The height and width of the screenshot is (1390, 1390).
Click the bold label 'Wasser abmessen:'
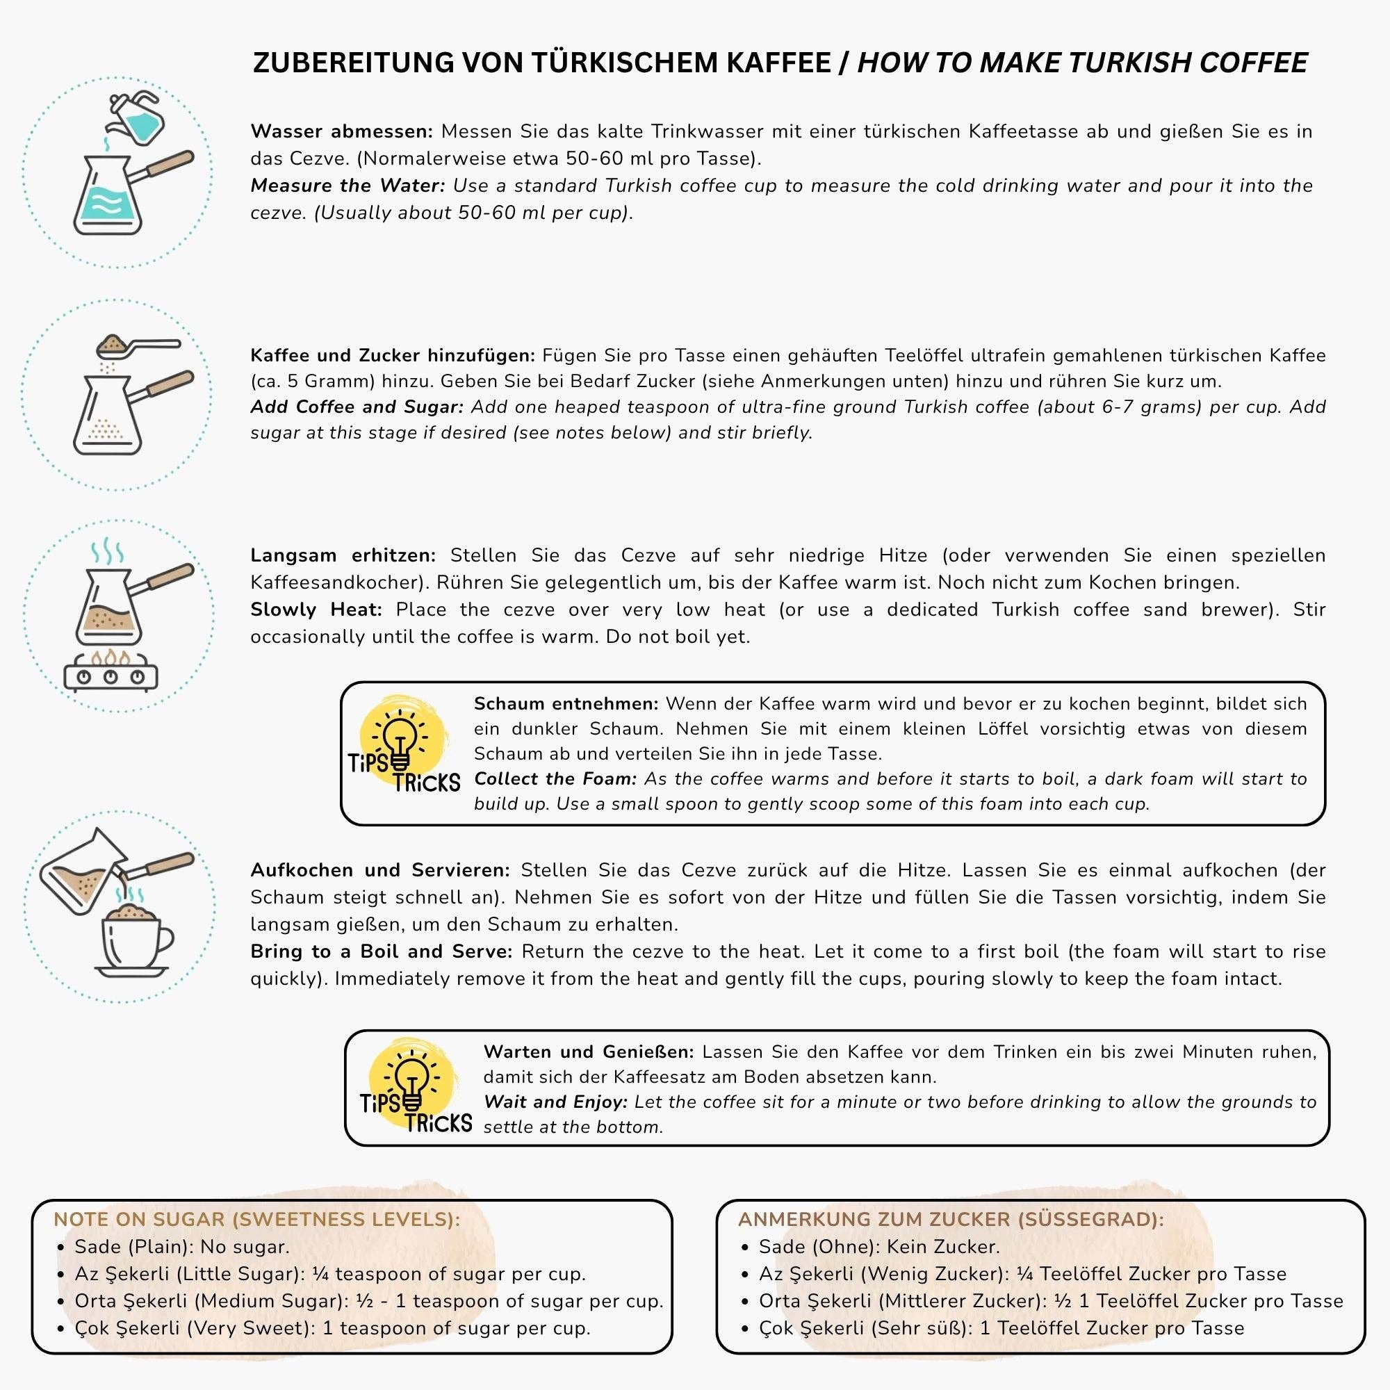click(342, 131)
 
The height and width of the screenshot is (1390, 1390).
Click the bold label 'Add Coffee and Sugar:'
click(357, 407)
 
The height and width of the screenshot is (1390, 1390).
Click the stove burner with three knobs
click(110, 674)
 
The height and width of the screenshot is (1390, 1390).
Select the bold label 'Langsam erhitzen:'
click(343, 555)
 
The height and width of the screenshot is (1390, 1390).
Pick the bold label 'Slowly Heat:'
click(316, 610)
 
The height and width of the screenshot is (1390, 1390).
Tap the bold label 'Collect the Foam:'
click(555, 779)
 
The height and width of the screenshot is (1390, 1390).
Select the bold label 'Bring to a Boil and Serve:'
click(382, 952)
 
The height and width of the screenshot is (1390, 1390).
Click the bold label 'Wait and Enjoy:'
click(555, 1102)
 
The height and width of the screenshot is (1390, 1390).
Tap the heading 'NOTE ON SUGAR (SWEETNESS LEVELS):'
click(257, 1220)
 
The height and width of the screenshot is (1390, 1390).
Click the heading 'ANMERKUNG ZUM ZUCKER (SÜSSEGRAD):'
click(950, 1220)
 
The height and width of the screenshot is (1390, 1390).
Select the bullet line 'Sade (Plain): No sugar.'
click(182, 1247)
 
